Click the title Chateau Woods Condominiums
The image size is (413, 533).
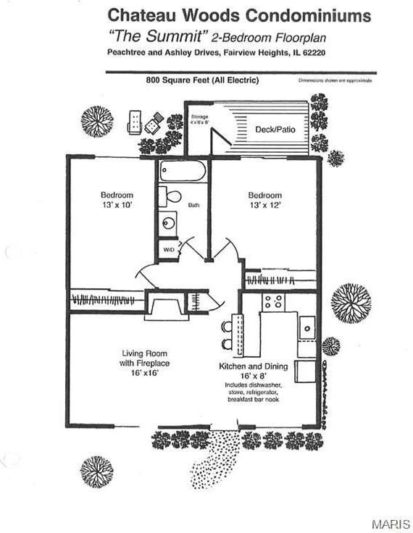pos(239,15)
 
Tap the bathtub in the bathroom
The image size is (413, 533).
pos(183,172)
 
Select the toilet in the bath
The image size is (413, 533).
pos(172,196)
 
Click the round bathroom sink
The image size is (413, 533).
pos(169,223)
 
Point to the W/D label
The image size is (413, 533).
pos(168,250)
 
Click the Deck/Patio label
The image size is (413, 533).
pos(273,130)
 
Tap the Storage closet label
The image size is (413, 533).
pos(199,119)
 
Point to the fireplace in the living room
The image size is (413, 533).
pos(166,305)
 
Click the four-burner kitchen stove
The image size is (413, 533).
pos(273,302)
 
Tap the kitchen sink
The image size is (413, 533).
pos(307,327)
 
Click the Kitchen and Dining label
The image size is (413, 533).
pos(254,366)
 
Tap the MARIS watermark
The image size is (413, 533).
pos(390,523)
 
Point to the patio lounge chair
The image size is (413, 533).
pos(135,122)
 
